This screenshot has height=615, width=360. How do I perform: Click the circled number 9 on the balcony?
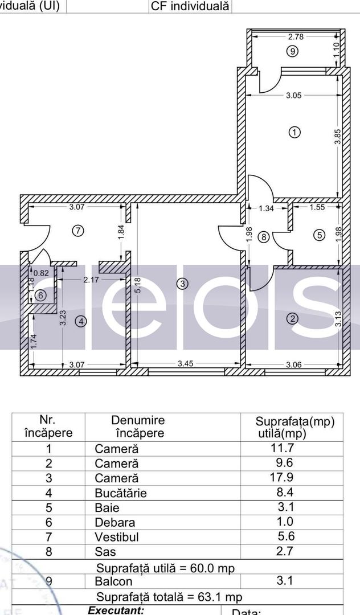coord(292,51)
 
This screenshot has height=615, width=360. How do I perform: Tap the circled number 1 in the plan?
coord(294,133)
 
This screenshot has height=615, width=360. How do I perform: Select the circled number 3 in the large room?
coord(182,283)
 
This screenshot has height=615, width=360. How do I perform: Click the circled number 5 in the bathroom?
coord(318,234)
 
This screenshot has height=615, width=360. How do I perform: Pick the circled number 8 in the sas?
coord(263,237)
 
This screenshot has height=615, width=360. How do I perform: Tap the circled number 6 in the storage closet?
coord(40,296)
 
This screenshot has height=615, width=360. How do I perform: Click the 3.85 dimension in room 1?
coord(337,137)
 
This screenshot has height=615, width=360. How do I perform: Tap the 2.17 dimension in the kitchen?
coord(91,280)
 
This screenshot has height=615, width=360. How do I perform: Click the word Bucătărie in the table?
coord(120,493)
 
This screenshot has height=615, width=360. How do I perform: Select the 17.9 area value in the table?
coord(281,478)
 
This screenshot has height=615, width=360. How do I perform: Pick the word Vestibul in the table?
coord(117,537)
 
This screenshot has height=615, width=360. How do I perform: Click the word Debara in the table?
coord(114,522)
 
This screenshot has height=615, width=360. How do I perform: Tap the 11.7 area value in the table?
coord(281,448)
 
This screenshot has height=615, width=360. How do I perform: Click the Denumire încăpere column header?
coord(137,427)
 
